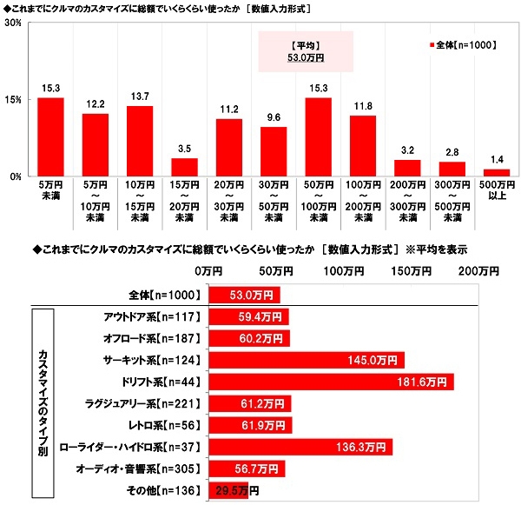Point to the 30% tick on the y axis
pos(13,23)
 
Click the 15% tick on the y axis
pos(13,100)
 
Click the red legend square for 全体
pos(432,43)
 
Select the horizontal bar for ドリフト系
pos(330,382)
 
